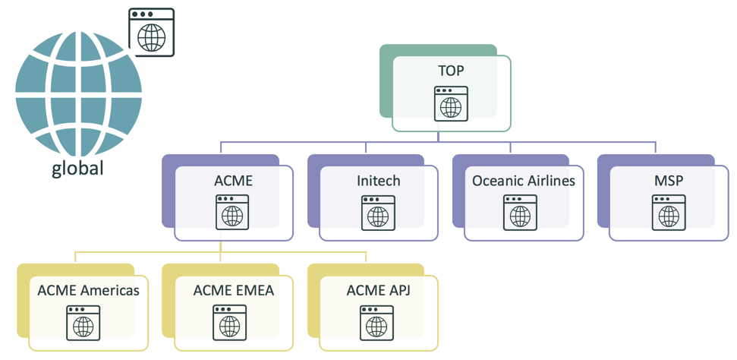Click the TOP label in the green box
point(451,71)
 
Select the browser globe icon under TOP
point(451,103)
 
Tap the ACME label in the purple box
point(233,181)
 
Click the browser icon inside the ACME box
point(233,212)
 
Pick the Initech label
point(378,181)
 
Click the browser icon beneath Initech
point(378,212)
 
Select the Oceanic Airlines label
point(524,181)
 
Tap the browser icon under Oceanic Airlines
point(521,212)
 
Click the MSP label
point(669,181)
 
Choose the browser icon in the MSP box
point(669,212)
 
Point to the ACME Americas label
point(89,290)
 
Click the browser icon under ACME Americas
point(83,322)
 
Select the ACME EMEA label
point(233,290)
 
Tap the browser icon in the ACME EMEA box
point(229,322)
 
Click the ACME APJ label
point(378,290)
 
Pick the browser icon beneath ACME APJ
point(376,322)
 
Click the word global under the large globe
point(77,168)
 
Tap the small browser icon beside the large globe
point(152,32)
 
